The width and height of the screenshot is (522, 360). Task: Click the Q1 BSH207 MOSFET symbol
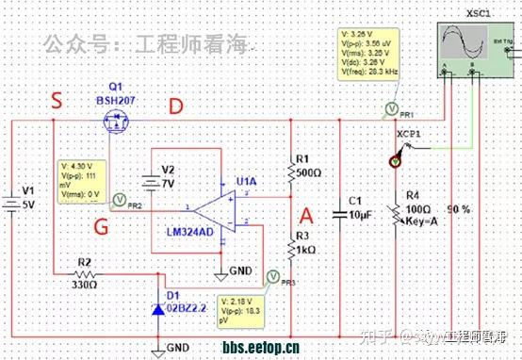point(116,120)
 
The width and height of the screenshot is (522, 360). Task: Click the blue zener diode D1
point(156,308)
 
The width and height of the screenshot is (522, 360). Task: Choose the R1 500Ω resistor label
point(308,166)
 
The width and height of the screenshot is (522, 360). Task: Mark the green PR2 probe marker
point(119,199)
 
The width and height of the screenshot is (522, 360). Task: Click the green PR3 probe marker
point(272,276)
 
